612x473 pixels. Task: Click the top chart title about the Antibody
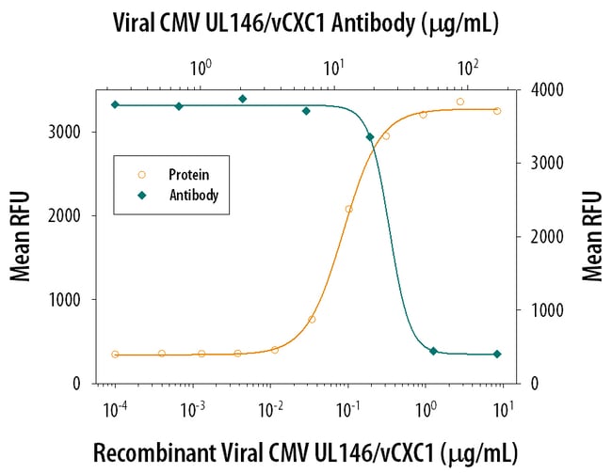click(305, 21)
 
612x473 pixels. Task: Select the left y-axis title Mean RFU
click(20, 236)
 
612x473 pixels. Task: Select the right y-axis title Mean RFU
click(592, 236)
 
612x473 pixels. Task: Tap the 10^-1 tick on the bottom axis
click(347, 405)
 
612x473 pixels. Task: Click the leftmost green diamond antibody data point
click(115, 104)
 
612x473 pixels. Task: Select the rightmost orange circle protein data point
click(497, 111)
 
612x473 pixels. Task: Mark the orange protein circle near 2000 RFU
click(349, 209)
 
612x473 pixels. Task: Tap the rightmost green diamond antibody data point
click(497, 355)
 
